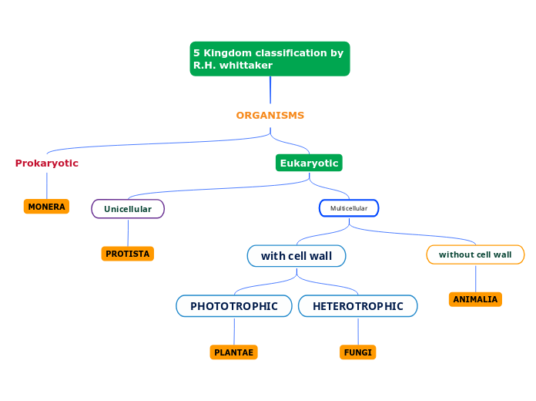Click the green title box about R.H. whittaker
tap(270, 59)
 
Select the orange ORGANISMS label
tap(270, 116)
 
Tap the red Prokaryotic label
tap(47, 163)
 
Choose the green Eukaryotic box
tap(309, 163)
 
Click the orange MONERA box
tap(46, 207)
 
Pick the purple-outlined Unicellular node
tap(128, 209)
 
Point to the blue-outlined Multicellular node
tap(349, 208)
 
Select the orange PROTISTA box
tap(127, 254)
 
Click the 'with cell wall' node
tap(296, 256)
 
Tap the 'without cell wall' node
tap(475, 254)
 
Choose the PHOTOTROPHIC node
tap(234, 306)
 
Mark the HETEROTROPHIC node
tap(358, 306)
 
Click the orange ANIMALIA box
tap(475, 299)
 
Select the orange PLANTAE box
tap(233, 352)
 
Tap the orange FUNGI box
tap(358, 352)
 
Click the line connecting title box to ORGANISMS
tap(270, 89)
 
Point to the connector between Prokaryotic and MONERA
tap(47, 185)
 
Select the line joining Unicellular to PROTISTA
tap(128, 232)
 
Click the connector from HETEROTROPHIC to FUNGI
tap(358, 331)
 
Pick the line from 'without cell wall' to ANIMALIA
tap(475, 278)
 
